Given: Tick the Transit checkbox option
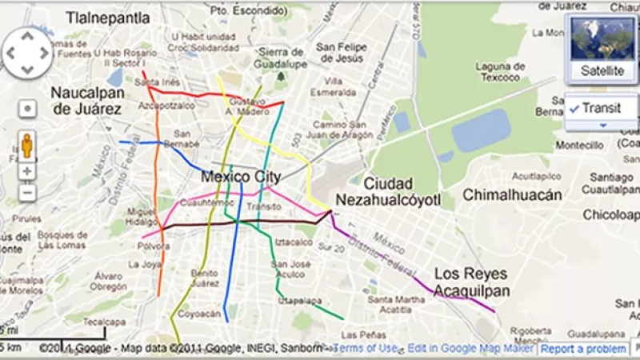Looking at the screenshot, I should point(575,108).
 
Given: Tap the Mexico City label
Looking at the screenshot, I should point(241,176).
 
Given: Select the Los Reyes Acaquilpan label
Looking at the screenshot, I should point(470,282).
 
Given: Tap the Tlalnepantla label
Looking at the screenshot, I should point(109,16).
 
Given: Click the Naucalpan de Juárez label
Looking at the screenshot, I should point(87,101).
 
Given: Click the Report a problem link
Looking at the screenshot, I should point(582,349).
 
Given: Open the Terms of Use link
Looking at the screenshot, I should point(366,348).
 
